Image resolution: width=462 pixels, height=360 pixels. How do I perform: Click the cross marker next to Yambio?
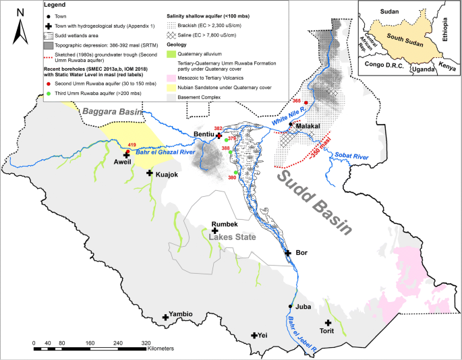click(165, 318)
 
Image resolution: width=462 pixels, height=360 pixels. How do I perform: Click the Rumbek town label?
click(225, 224)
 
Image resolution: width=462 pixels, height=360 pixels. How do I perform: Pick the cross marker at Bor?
click(288, 253)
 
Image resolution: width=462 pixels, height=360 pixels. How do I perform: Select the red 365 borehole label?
click(297, 101)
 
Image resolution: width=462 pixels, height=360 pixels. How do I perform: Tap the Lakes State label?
click(231, 237)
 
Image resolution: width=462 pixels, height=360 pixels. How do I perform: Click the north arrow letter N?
click(20, 12)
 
